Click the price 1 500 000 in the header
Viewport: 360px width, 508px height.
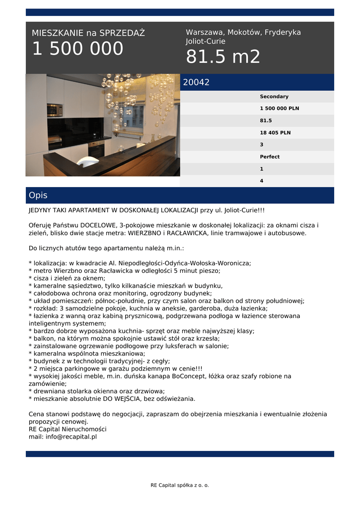tap(77, 49)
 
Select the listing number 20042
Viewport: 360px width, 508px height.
tap(196, 83)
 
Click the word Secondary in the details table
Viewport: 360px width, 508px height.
tap(274, 97)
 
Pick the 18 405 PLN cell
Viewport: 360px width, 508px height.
tap(275, 133)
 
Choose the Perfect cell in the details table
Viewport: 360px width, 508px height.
tap(270, 157)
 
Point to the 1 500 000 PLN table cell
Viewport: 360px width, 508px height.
tap(280, 109)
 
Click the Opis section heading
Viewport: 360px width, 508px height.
tap(38, 195)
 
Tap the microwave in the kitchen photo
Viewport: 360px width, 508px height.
tap(55, 110)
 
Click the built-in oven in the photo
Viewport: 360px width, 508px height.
tap(96, 148)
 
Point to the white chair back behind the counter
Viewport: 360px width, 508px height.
tap(88, 161)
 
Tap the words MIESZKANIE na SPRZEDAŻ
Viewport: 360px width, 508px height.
tap(88, 33)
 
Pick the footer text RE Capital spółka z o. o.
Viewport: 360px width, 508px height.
tap(180, 485)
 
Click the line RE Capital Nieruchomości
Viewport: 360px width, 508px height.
tap(68, 429)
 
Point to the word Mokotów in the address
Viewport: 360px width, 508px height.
tap(244, 32)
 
